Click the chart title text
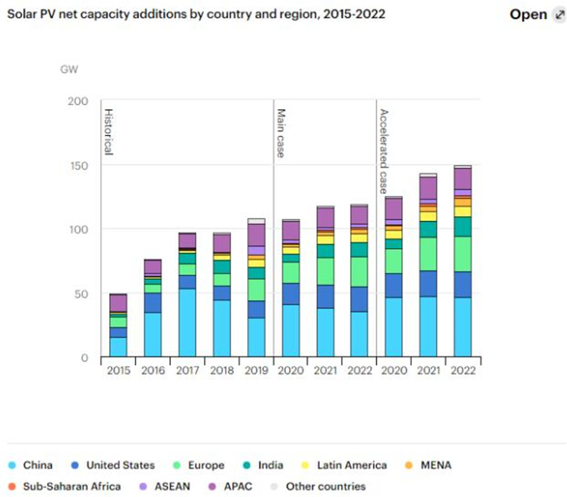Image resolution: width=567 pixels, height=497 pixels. [x=195, y=14]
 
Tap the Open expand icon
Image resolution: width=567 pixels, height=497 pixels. [x=559, y=15]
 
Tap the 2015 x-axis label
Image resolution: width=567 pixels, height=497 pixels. [x=118, y=371]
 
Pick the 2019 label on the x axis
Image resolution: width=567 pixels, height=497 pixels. [x=256, y=371]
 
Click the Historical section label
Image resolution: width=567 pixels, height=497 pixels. [x=108, y=132]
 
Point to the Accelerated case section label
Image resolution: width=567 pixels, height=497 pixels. [x=384, y=151]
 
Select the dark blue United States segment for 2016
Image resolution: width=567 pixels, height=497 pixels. [x=152, y=303]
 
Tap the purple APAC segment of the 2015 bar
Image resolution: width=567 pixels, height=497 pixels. [x=118, y=303]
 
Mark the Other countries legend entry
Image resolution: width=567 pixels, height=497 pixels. [x=318, y=486]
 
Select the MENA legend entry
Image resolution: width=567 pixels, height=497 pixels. [x=428, y=465]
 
